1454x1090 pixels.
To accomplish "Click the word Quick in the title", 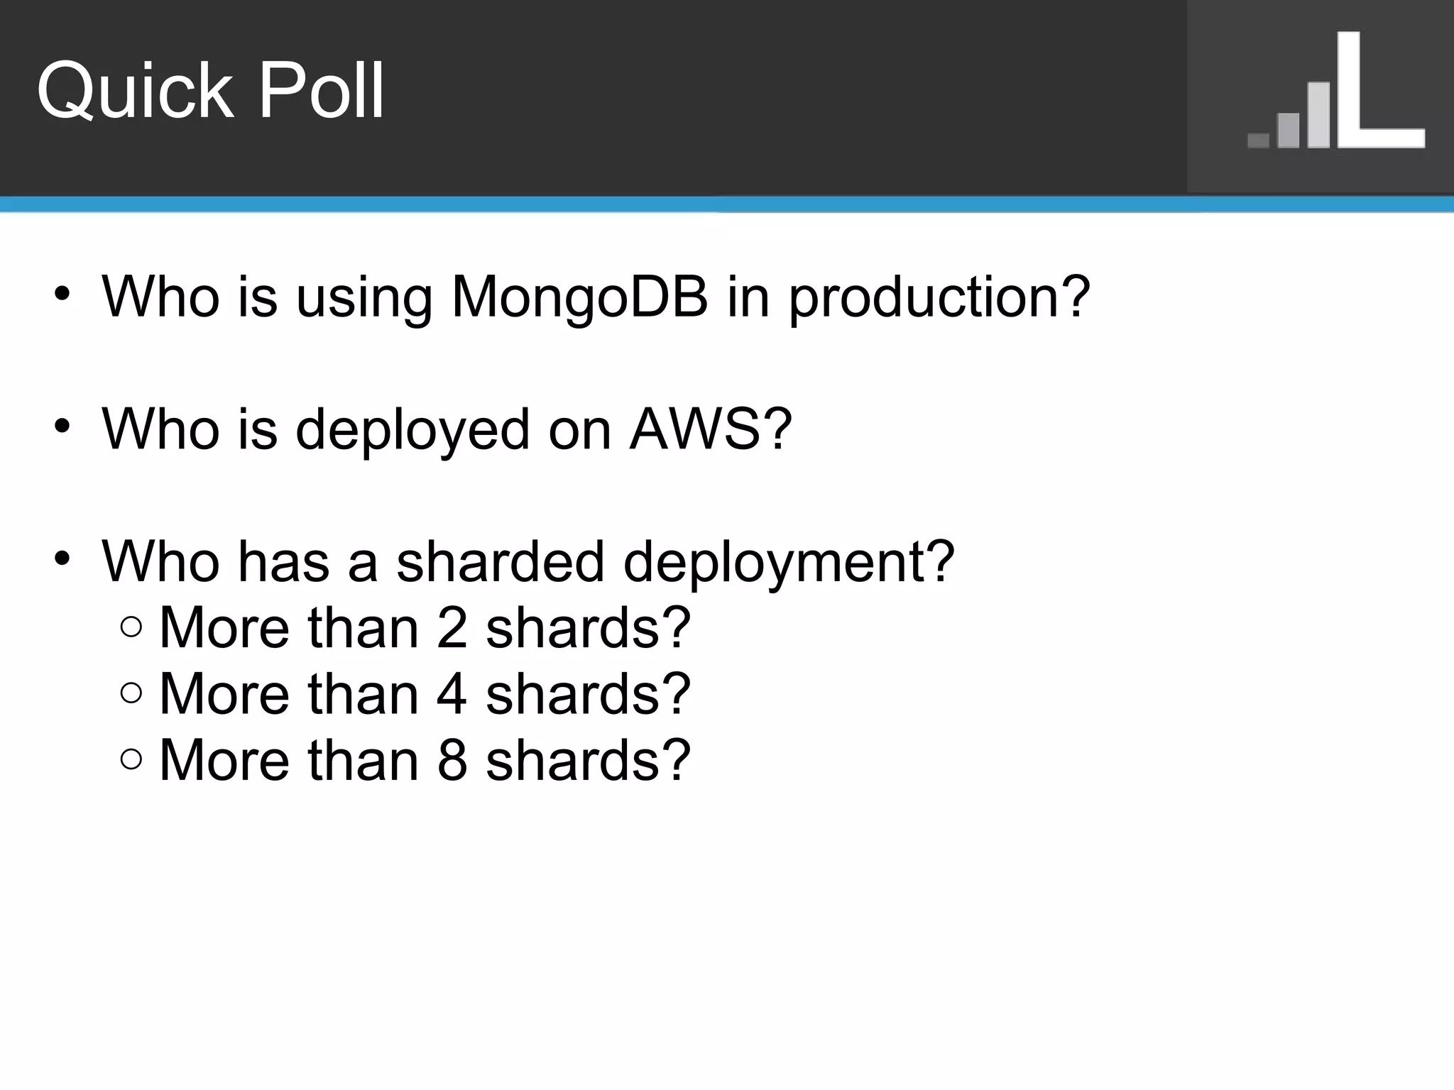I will [135, 91].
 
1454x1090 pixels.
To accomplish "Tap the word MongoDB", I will [579, 297].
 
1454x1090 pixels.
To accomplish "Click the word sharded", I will [500, 561].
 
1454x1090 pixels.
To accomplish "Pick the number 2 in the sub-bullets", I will [452, 627].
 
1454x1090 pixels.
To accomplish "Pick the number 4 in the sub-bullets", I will [452, 693].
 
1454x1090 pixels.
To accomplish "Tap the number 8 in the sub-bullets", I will [452, 760].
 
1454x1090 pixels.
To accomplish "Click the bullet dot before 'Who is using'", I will [62, 293].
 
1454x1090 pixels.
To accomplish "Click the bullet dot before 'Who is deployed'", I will [62, 426].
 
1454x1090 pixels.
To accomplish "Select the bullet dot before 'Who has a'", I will [62, 558].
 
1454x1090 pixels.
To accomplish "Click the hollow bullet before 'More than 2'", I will [131, 627].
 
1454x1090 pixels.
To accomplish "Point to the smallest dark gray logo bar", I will [1258, 141].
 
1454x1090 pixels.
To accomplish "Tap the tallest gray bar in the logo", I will [1318, 115].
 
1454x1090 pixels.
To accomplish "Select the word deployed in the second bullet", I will [412, 430].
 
